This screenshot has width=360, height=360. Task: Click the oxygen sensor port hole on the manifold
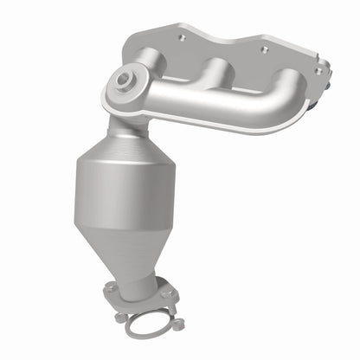point(127,80)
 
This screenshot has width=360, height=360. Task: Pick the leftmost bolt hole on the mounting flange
point(183,38)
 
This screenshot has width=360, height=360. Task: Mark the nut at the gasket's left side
point(120,318)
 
